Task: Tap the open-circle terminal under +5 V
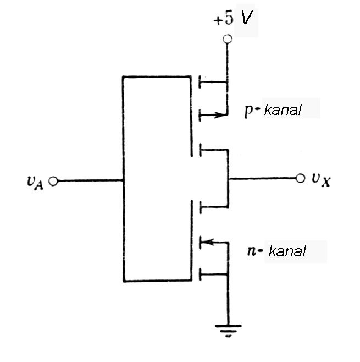point(227,39)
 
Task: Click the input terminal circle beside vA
point(53,180)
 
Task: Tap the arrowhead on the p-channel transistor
point(221,116)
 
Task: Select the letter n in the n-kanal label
point(252,253)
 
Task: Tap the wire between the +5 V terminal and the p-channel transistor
point(227,61)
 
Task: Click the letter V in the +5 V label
point(247,19)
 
